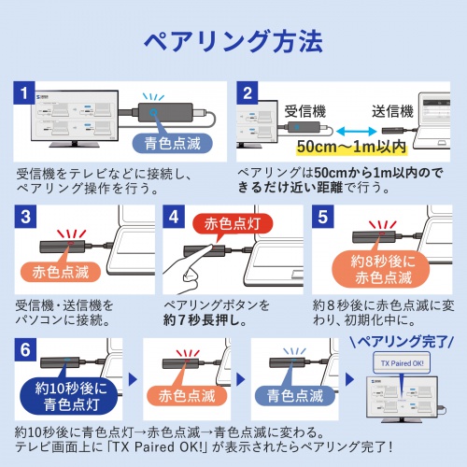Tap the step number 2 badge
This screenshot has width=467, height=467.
tap(246, 93)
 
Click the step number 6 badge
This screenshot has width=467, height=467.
tap(25, 349)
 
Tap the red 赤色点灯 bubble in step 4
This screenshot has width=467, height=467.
tap(219, 224)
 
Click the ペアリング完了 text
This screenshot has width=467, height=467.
tap(400, 343)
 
